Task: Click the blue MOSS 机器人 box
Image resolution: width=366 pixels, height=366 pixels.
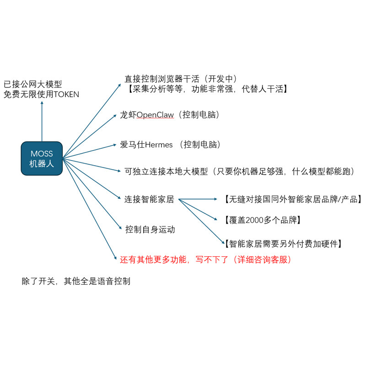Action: pyautogui.click(x=42, y=158)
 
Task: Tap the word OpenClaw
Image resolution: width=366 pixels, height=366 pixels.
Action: pyautogui.click(x=155, y=115)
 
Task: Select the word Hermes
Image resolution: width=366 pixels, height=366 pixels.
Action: pyautogui.click(x=159, y=145)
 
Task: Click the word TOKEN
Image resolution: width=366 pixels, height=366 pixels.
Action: pyautogui.click(x=66, y=94)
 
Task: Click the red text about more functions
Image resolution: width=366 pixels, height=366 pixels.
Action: pyautogui.click(x=205, y=259)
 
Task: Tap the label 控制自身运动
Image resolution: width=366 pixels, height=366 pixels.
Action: pyautogui.click(x=150, y=230)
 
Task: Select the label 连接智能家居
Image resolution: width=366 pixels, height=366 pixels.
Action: pyautogui.click(x=149, y=199)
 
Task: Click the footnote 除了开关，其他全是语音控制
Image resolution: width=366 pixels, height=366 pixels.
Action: pyautogui.click(x=76, y=281)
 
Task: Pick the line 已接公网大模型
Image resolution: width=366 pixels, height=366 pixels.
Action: pyautogui.click(x=33, y=84)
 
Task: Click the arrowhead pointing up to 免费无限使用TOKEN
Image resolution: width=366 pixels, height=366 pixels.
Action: pyautogui.click(x=42, y=102)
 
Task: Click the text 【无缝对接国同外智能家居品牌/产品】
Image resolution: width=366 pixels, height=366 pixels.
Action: pyautogui.click(x=293, y=199)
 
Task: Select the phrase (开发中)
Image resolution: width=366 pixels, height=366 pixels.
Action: pyautogui.click(x=221, y=79)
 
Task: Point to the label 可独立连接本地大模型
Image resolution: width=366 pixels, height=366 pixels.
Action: pyautogui.click(x=166, y=171)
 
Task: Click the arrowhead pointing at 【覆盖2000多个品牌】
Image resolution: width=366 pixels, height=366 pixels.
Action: pyautogui.click(x=215, y=219)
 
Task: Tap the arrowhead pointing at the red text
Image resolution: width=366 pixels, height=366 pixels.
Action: pyautogui.click(x=115, y=258)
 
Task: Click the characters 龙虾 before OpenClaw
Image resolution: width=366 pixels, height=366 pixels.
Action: pyautogui.click(x=128, y=115)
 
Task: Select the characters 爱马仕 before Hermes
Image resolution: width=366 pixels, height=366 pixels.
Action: pyautogui.click(x=133, y=145)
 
